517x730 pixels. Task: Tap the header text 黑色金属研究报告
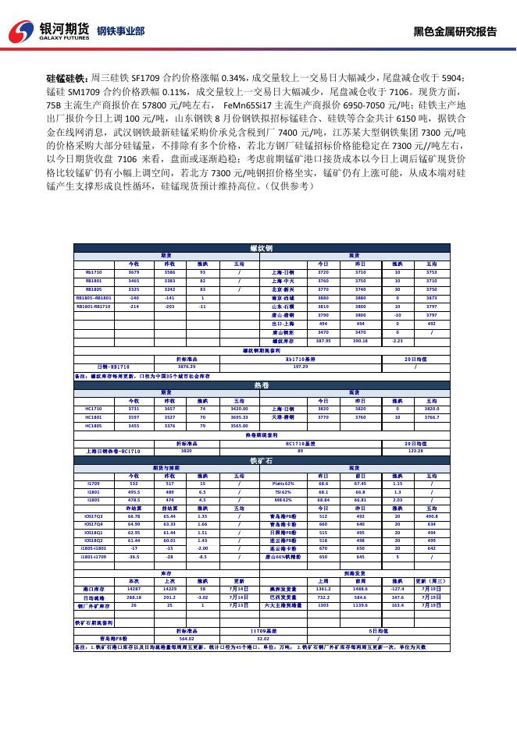(455, 32)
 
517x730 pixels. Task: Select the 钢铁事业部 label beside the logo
(120, 32)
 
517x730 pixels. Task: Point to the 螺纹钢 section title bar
(262, 248)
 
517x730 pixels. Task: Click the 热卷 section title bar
(262, 385)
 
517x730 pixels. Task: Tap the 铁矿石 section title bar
(262, 461)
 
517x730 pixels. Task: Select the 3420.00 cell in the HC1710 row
(239, 408)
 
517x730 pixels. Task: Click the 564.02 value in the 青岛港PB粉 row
(187, 637)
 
